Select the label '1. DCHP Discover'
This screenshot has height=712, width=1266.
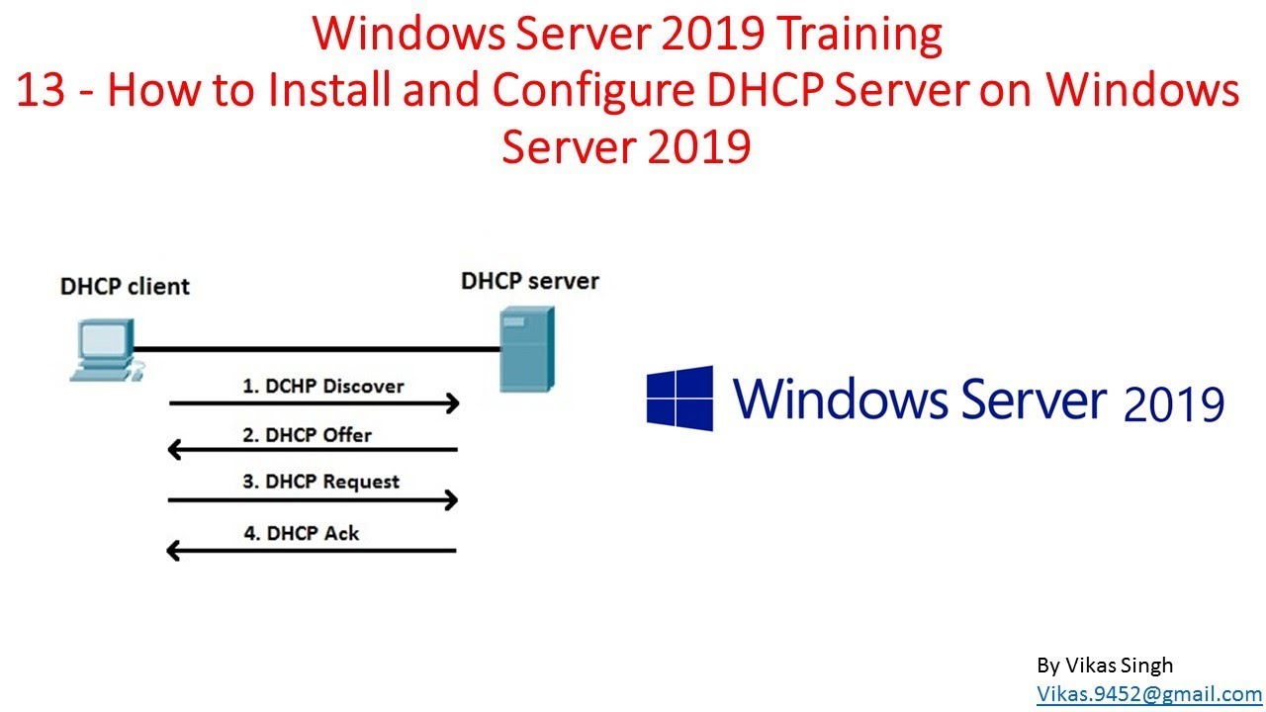(322, 386)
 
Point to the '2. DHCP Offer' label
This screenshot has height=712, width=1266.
(307, 434)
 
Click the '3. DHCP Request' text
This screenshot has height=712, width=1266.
(320, 483)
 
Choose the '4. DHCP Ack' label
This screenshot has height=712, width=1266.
(302, 533)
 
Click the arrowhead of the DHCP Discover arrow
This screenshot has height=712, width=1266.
(453, 402)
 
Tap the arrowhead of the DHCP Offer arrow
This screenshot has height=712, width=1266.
(175, 451)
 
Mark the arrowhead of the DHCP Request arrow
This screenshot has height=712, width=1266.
(453, 500)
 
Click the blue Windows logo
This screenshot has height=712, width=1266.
(679, 398)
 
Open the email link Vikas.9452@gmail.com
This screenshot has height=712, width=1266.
(1148, 694)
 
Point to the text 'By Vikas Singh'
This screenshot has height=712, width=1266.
(1104, 666)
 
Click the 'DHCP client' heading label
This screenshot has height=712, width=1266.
(125, 287)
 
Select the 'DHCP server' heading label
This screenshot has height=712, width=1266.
(530, 281)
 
